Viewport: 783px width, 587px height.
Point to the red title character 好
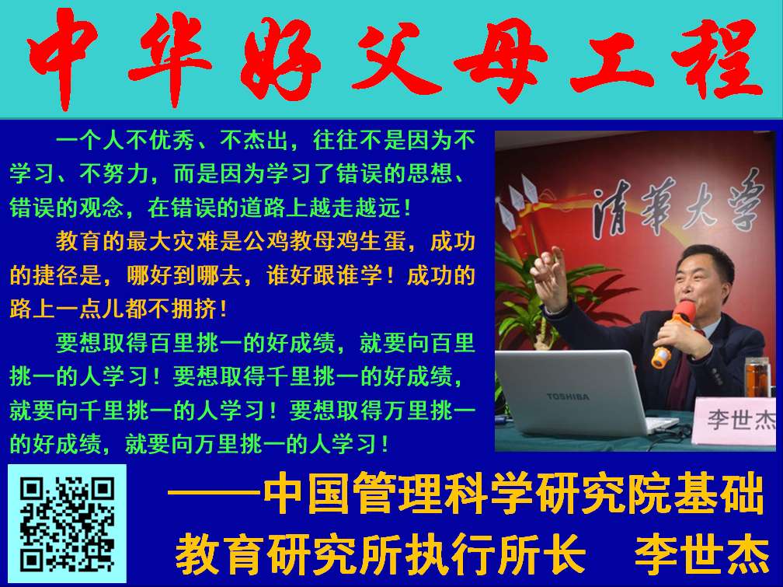pos(280,58)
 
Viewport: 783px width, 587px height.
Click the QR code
pos(68,523)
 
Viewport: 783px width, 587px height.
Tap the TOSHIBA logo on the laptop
pos(568,397)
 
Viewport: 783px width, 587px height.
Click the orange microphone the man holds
pos(672,334)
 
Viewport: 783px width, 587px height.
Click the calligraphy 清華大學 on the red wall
pos(677,205)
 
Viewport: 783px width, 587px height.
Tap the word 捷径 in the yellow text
pos(57,275)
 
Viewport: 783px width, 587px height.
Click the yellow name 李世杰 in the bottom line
pos(701,555)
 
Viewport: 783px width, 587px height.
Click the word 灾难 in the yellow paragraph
pos(196,242)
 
